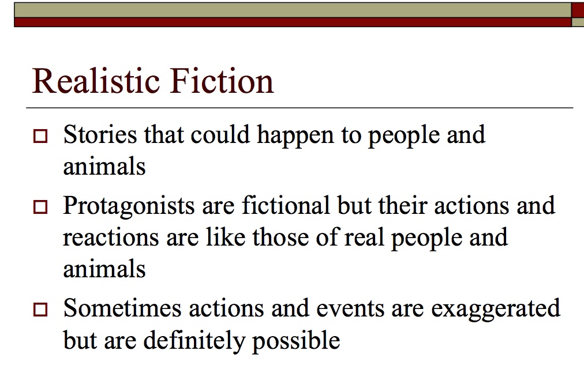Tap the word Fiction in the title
pyautogui.click(x=221, y=81)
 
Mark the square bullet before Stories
pyautogui.click(x=40, y=137)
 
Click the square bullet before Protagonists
pyautogui.click(x=40, y=208)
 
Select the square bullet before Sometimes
pyautogui.click(x=40, y=311)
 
